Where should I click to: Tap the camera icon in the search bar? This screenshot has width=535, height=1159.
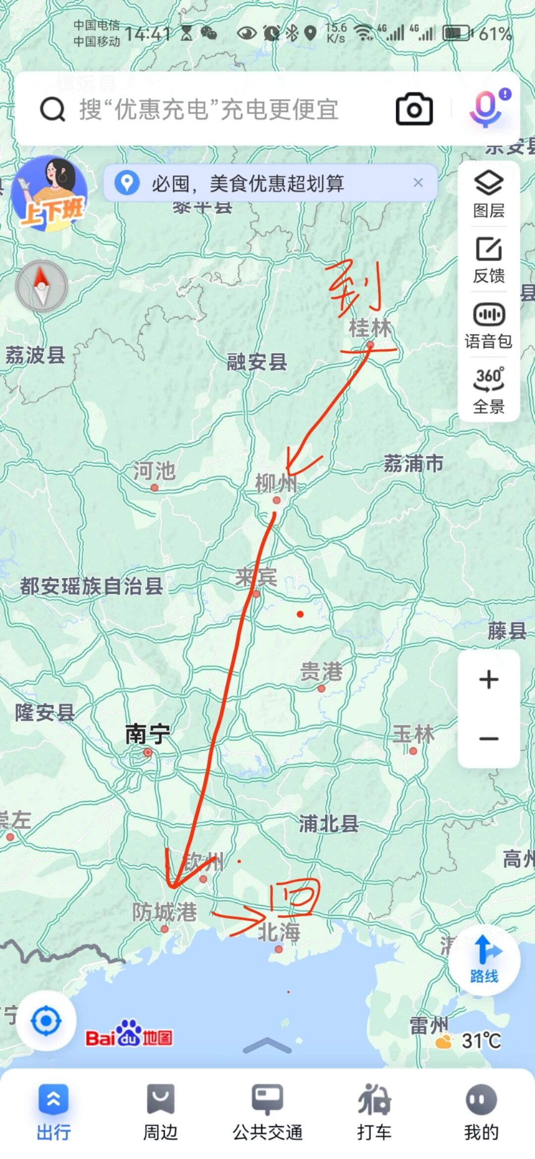(x=414, y=109)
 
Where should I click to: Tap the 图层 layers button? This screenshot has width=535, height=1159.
(x=489, y=194)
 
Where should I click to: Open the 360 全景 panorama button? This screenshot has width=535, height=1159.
(x=489, y=390)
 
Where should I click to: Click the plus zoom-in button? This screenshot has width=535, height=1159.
(x=489, y=679)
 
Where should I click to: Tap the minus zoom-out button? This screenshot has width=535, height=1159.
(x=489, y=738)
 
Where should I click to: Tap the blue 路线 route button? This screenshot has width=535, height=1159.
(x=484, y=959)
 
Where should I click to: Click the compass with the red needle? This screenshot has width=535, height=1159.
(x=42, y=286)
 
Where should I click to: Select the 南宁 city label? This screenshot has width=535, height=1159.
(x=147, y=734)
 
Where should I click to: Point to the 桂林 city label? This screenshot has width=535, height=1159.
(x=370, y=328)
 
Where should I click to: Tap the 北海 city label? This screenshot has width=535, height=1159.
(x=279, y=932)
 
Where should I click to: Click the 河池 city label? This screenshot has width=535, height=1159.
(x=154, y=471)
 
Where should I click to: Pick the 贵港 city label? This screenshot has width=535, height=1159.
(x=321, y=672)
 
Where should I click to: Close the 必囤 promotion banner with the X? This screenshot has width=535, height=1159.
(x=418, y=183)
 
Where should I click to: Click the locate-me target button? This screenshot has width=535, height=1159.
(x=46, y=1021)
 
